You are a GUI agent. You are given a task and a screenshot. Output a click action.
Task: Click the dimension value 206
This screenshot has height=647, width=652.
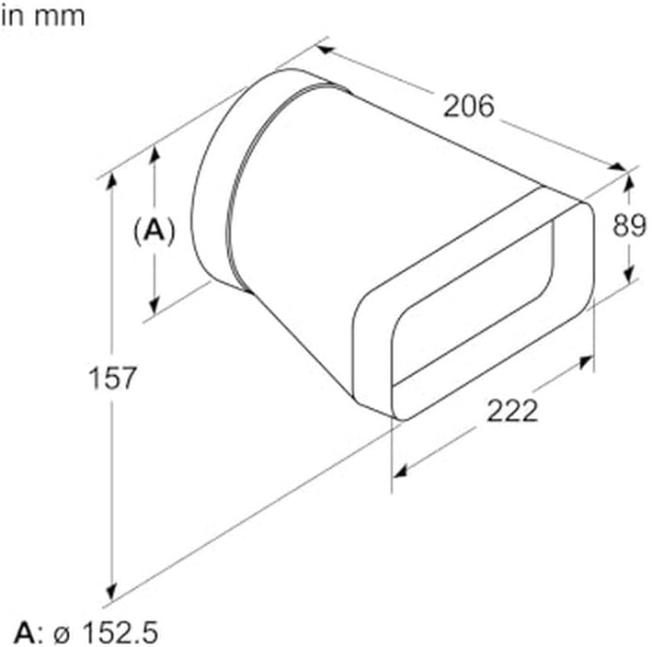468,106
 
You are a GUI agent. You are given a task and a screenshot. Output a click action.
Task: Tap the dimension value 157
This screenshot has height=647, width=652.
112,378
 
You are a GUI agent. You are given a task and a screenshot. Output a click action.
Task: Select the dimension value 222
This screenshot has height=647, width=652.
512,411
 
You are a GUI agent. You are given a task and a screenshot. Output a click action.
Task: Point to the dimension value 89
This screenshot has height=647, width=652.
629,226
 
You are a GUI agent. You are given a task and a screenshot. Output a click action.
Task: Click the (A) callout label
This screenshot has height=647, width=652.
154,231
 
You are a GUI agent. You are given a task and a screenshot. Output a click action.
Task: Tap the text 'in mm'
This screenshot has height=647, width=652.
43,17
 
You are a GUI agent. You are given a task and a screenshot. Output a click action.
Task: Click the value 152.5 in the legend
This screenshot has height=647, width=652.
120,632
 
